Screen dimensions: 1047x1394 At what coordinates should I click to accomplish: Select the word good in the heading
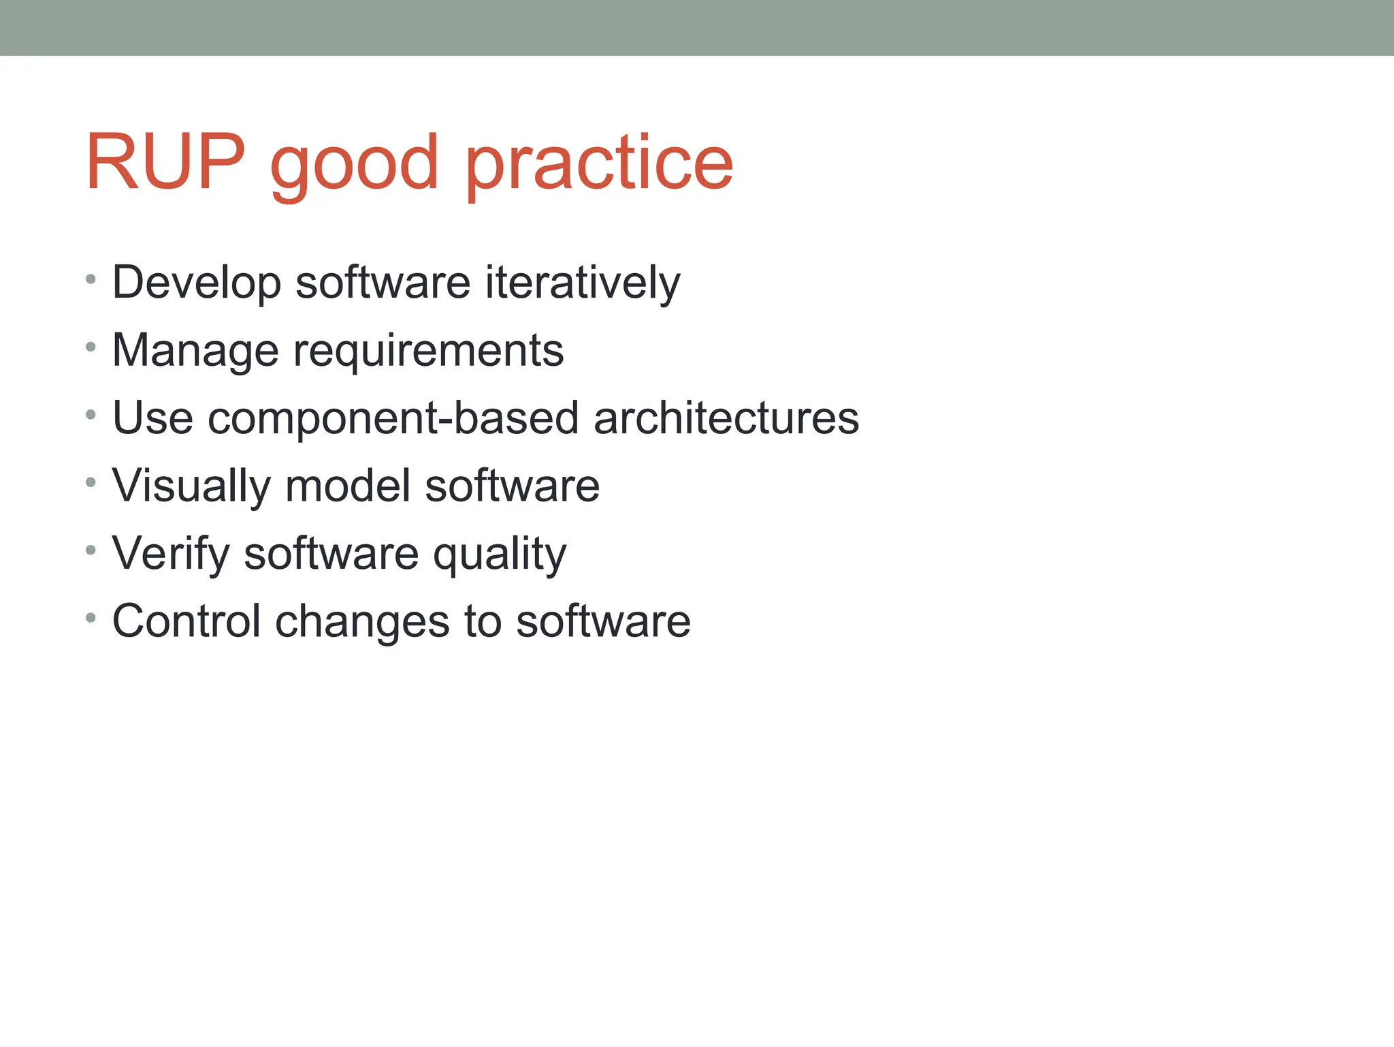click(x=354, y=166)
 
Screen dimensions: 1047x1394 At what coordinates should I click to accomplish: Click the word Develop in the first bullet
click(x=196, y=283)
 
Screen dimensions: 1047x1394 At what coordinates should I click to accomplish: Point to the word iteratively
click(x=582, y=283)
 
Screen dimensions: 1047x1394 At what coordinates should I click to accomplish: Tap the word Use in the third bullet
click(x=152, y=418)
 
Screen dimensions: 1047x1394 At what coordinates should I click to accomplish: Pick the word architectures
click(x=726, y=418)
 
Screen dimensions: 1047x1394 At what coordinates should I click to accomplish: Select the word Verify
click(x=171, y=554)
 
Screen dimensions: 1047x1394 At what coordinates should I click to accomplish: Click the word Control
click(x=186, y=621)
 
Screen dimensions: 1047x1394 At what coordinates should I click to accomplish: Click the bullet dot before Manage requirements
click(x=91, y=347)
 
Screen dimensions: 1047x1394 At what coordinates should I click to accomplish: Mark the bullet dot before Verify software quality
click(x=91, y=550)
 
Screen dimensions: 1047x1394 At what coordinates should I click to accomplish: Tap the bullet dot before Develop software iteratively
click(x=91, y=279)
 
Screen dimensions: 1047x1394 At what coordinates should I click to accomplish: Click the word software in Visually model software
click(x=512, y=486)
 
